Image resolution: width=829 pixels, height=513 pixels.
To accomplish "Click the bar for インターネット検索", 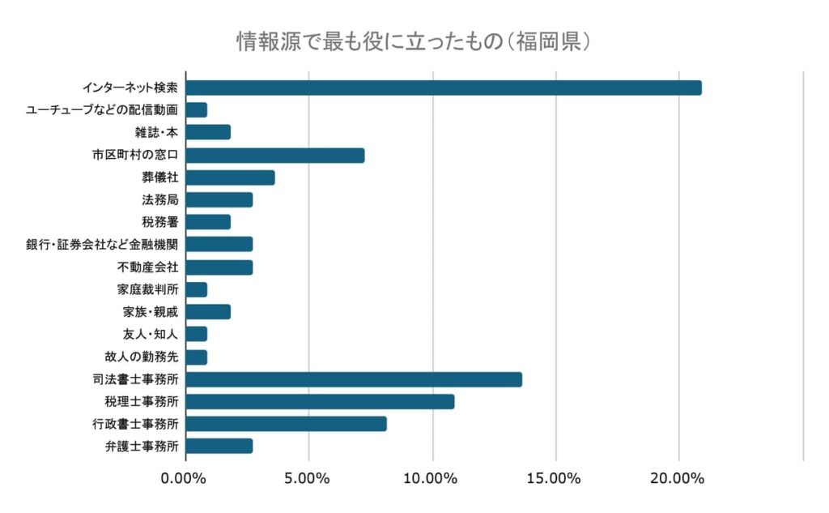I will (x=444, y=88).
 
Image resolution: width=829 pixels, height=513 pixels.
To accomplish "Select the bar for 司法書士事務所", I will (x=354, y=379).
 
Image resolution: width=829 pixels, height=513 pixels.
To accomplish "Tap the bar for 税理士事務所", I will (x=320, y=401).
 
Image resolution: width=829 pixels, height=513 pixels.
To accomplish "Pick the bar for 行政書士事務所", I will (x=286, y=423).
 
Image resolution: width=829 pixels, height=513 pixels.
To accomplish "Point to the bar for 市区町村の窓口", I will (x=275, y=155).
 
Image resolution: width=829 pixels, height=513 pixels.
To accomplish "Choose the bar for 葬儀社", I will (x=230, y=177).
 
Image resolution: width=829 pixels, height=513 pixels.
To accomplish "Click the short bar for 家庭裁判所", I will (x=197, y=289).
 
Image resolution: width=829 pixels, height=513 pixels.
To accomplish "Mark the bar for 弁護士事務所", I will (x=219, y=446).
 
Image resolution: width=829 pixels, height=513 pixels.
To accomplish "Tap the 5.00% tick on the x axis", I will (x=308, y=478).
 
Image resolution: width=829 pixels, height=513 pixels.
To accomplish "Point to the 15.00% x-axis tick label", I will (x=555, y=478).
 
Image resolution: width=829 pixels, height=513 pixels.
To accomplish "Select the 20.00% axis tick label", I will (x=678, y=478).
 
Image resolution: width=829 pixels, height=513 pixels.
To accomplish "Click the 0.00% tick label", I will (x=185, y=478).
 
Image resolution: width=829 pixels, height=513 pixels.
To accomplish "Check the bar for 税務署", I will (x=208, y=222).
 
